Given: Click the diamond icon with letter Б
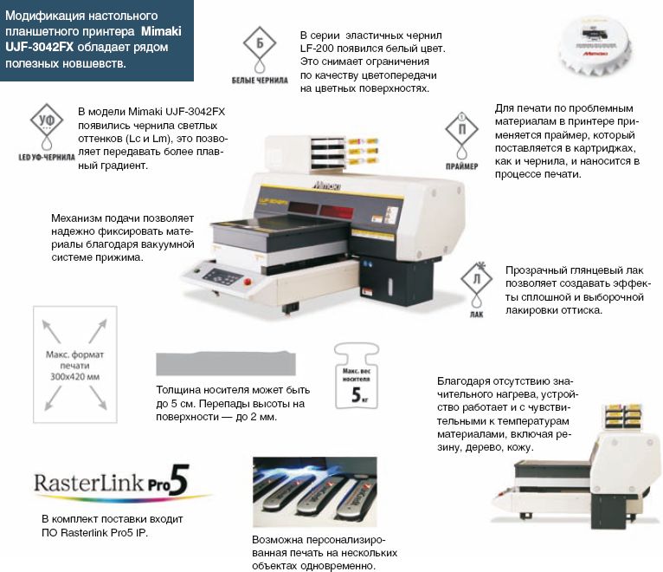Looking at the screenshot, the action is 259,42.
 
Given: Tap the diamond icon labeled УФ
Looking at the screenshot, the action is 47,120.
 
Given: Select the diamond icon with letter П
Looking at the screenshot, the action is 461,129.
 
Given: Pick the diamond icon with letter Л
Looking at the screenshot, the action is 477,278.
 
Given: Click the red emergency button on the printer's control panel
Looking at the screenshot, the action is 248,281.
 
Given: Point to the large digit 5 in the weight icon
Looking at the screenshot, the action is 356,394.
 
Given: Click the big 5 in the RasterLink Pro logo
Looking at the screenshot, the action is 180,480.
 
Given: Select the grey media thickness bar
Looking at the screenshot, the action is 226,363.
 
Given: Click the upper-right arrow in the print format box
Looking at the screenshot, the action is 98,331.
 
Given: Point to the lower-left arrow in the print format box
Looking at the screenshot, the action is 53,398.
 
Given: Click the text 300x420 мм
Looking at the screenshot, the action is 74,377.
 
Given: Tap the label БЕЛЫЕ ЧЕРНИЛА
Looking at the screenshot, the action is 260,80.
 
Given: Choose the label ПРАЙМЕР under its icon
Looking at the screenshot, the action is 461,166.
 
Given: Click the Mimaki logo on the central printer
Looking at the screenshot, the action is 328,185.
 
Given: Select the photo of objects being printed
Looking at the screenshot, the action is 314,492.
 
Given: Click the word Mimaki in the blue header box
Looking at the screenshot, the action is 161,31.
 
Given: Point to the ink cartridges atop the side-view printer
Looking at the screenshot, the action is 624,415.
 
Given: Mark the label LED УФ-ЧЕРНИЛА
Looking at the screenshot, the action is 47,157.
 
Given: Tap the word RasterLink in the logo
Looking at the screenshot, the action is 89,483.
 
